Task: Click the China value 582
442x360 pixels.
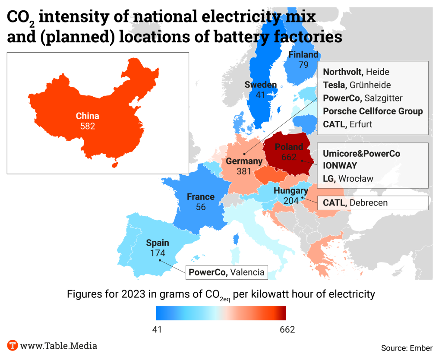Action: point(87,126)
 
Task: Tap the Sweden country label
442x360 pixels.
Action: point(260,85)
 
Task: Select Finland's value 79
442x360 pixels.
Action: point(303,65)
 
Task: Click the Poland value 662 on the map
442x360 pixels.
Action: point(289,157)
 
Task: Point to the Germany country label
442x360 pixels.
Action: point(244,161)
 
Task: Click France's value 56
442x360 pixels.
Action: point(200,207)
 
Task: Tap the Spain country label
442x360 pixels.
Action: point(157,243)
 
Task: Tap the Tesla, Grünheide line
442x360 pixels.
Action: point(357,85)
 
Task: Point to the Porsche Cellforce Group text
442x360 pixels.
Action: point(373,111)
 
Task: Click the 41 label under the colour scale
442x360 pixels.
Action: point(157,330)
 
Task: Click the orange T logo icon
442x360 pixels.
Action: point(13,345)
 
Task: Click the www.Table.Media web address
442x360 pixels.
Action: point(59,345)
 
